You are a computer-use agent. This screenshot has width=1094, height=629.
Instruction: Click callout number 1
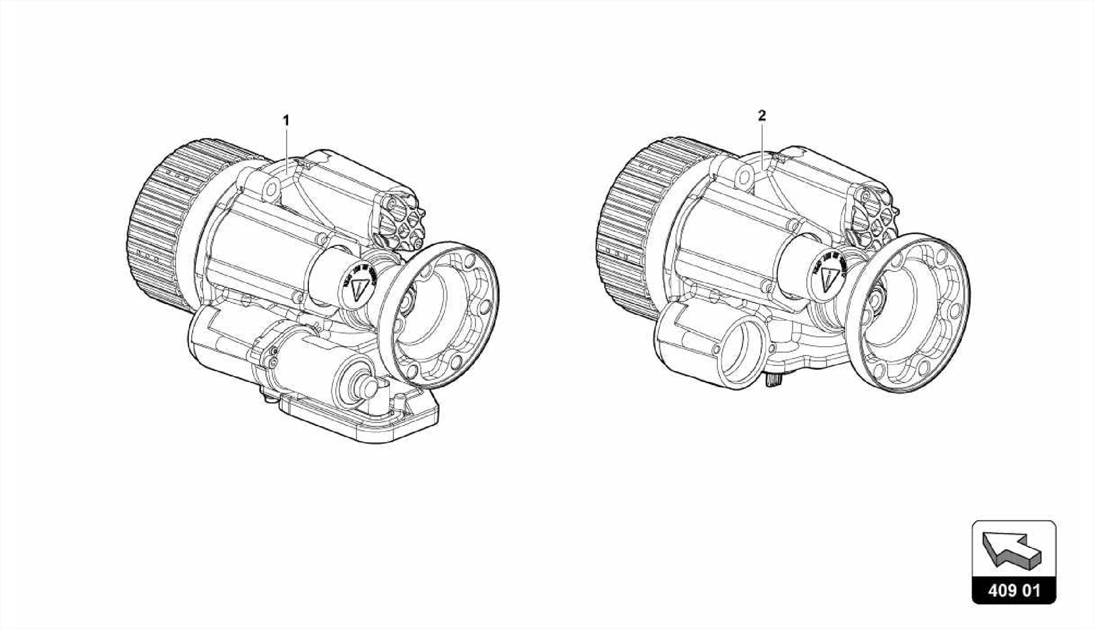286,120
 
